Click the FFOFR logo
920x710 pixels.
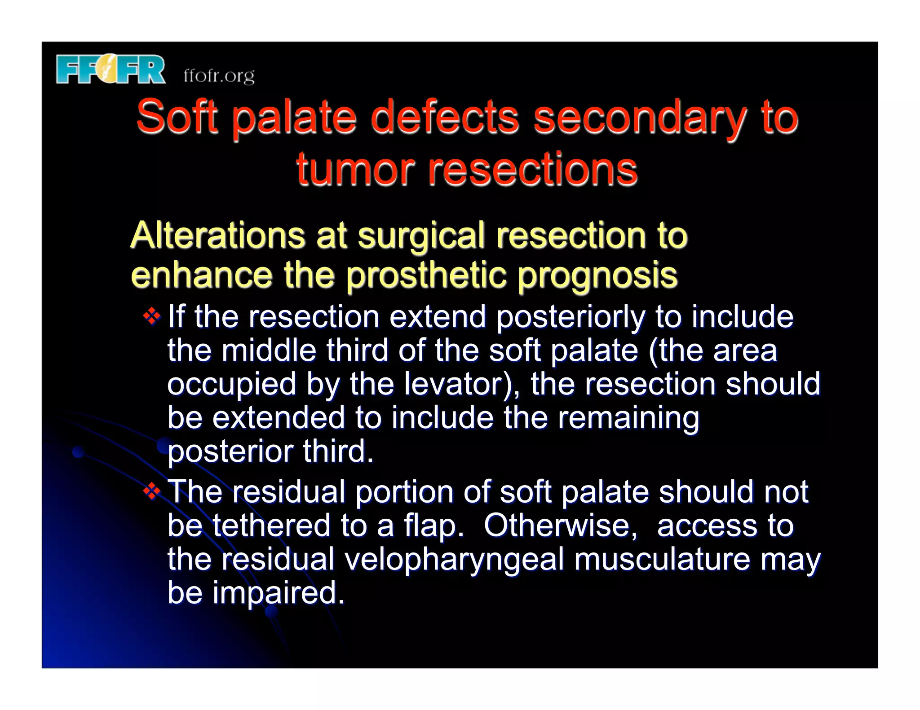pyautogui.click(x=111, y=70)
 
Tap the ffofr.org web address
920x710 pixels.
pyautogui.click(x=219, y=75)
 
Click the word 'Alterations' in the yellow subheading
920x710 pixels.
pyautogui.click(x=217, y=235)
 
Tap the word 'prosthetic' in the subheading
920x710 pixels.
pyautogui.click(x=426, y=275)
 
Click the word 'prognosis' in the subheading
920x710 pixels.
pyautogui.click(x=597, y=275)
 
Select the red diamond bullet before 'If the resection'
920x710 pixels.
pyautogui.click(x=152, y=316)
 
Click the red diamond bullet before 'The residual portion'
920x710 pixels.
pyautogui.click(x=152, y=492)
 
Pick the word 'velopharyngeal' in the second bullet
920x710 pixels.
pyautogui.click(x=454, y=560)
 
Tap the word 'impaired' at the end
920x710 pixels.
pyautogui.click(x=278, y=593)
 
